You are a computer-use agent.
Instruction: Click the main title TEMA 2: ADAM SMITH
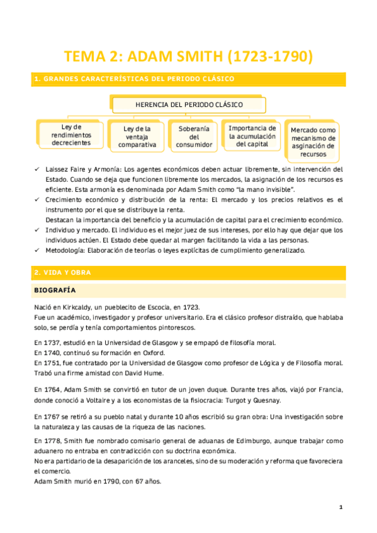point(188,57)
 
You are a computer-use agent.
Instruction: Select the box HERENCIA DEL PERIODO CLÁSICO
point(189,104)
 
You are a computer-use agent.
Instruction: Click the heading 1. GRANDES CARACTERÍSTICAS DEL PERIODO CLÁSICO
point(135,79)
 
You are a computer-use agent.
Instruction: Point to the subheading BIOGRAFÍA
point(55,290)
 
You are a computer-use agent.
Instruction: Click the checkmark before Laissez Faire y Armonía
point(37,170)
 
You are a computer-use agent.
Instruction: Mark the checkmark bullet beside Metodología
point(37,250)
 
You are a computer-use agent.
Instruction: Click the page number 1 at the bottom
point(340,507)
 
